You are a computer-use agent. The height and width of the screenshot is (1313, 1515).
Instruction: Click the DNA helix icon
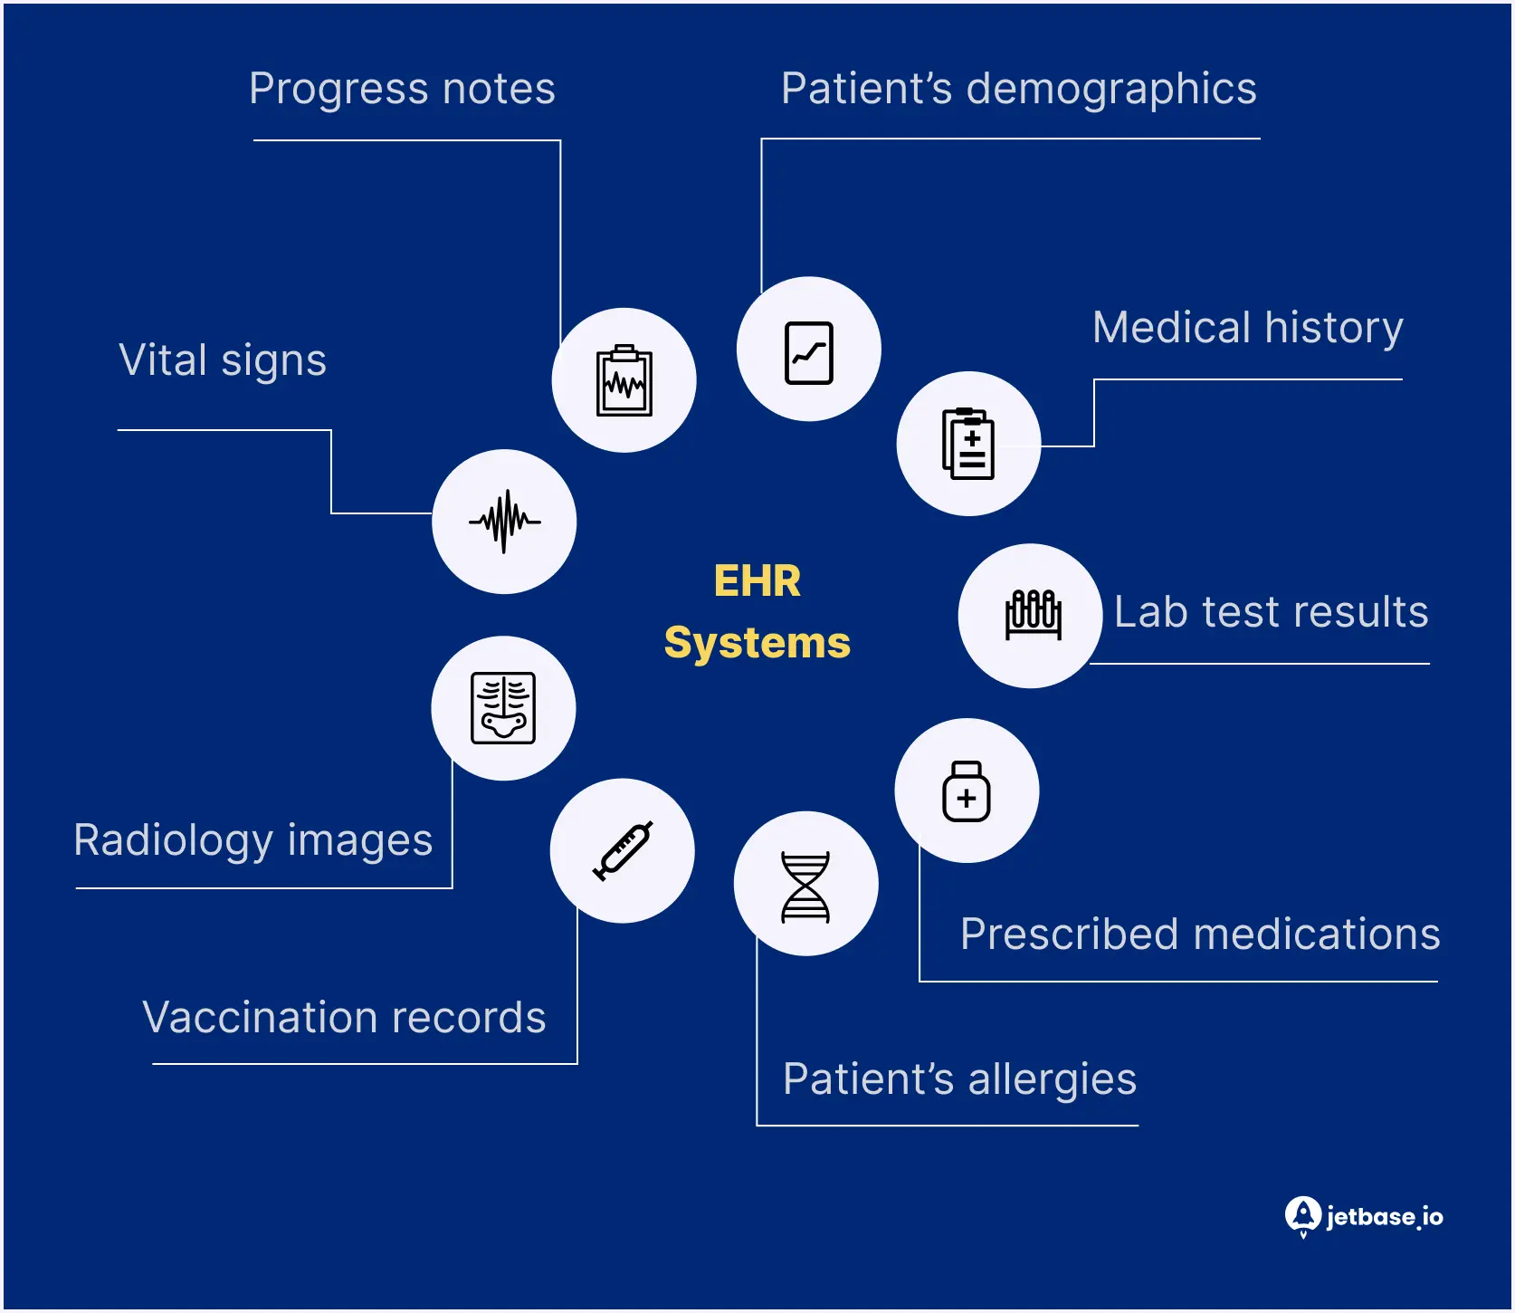(x=805, y=887)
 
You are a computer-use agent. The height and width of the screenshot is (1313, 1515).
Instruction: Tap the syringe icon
(x=623, y=850)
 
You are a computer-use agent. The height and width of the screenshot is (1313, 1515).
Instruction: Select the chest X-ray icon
(x=503, y=708)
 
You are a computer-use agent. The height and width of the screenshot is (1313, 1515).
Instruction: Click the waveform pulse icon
(x=504, y=522)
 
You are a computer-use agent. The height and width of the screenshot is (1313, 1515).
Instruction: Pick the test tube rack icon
(x=1033, y=615)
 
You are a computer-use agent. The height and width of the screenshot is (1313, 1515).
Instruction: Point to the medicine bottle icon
(x=966, y=791)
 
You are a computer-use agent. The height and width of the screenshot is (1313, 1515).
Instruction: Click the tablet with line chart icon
(x=808, y=352)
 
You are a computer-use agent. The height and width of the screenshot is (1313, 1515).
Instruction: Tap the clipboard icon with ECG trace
(x=624, y=381)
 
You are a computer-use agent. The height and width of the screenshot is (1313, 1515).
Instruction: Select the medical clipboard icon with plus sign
(x=968, y=444)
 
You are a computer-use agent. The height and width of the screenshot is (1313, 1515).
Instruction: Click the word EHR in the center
(x=757, y=581)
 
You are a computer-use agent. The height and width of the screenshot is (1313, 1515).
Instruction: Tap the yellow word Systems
(x=757, y=643)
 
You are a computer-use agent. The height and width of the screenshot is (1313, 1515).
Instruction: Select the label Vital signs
(x=223, y=360)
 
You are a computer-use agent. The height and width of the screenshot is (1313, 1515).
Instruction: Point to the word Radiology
(x=173, y=840)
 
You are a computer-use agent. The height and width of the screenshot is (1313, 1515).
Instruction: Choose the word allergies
(x=1052, y=1079)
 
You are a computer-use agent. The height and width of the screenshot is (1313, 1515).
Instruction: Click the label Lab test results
(x=1271, y=612)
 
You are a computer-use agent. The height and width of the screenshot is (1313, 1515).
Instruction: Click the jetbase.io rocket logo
(x=1302, y=1216)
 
